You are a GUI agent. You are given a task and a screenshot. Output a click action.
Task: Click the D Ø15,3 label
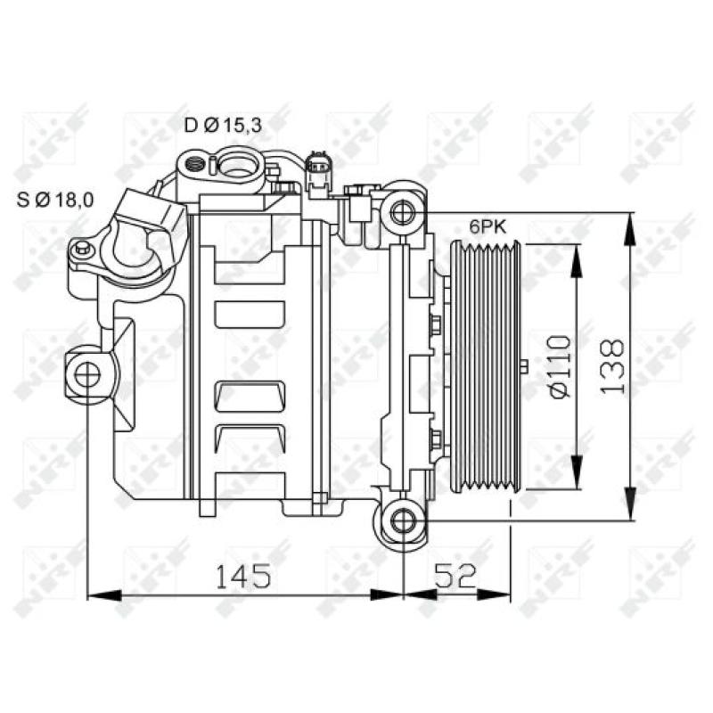[223, 126]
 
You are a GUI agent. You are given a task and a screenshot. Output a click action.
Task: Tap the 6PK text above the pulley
[488, 227]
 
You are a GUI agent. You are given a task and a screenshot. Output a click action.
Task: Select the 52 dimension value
[455, 577]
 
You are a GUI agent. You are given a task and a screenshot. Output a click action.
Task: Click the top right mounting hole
[403, 211]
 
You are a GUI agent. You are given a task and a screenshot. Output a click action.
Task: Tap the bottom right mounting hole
[403, 519]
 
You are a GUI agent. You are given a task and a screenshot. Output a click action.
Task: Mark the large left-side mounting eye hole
[86, 374]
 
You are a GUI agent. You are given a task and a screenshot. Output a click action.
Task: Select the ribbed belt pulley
[487, 365]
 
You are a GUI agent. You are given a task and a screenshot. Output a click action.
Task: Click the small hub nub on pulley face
[524, 365]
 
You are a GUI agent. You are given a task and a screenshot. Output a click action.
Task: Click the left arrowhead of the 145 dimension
[98, 594]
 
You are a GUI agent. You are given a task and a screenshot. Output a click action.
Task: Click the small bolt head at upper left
[82, 250]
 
